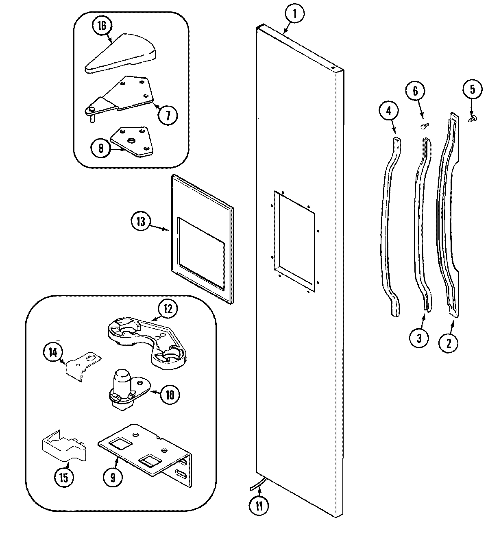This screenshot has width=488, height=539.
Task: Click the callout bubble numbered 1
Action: click(296, 15)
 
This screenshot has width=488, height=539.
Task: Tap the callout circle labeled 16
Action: click(101, 26)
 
